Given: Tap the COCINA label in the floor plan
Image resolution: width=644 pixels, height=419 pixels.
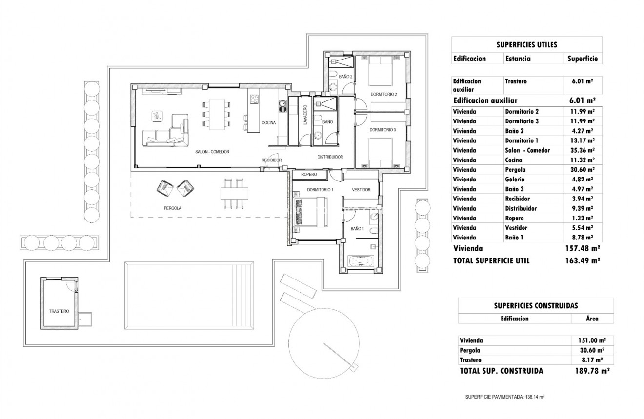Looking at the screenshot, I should point(269,123).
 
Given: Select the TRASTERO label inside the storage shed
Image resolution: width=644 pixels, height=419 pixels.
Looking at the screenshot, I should point(59,311).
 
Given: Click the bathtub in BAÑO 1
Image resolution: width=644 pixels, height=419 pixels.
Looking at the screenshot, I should point(361,261).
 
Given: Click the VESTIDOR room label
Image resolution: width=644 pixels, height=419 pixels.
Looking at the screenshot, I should point(361,190).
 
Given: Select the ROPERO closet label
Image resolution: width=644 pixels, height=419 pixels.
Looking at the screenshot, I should point(309,174).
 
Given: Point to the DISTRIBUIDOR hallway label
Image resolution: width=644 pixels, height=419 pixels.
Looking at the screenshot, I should point(330,157).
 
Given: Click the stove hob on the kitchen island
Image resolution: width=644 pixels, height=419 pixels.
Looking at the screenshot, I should point(254,100).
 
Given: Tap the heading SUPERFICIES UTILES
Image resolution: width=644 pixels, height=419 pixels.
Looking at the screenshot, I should point(526,44).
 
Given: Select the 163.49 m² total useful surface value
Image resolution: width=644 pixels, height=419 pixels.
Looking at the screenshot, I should point(582,261).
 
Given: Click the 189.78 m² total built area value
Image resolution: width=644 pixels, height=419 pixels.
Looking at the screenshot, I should point(592,371).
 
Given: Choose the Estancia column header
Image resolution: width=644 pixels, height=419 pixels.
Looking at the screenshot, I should point(518,59).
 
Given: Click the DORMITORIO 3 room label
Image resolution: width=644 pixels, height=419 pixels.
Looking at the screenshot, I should point(382,130).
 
